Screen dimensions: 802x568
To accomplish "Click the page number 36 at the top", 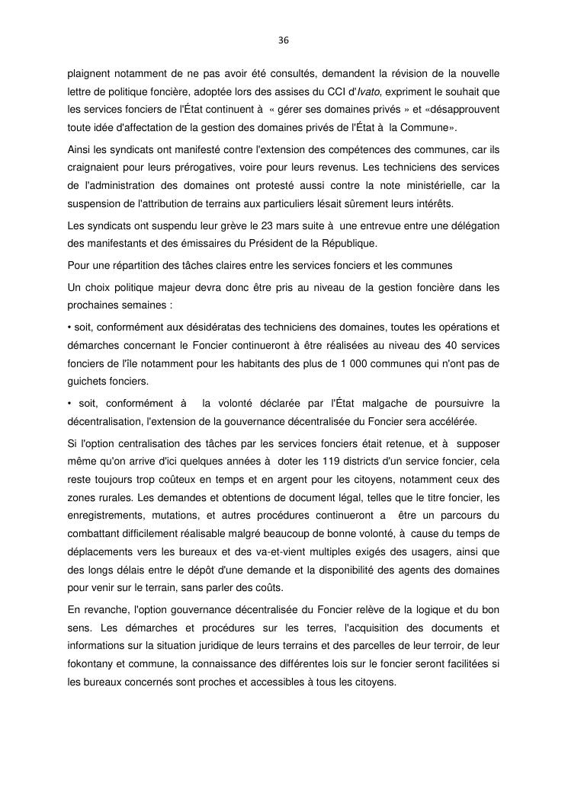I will (x=284, y=40).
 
